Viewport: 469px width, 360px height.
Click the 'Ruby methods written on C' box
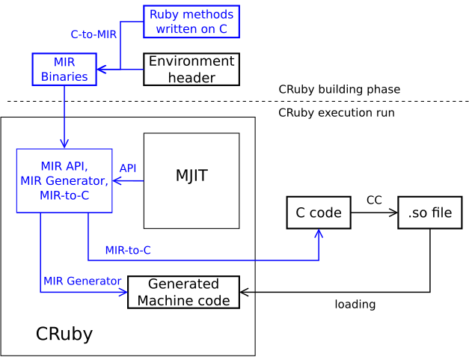click(x=191, y=22)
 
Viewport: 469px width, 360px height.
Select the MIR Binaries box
click(x=64, y=70)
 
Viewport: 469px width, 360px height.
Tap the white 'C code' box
click(x=319, y=213)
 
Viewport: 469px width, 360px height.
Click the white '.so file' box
click(x=429, y=213)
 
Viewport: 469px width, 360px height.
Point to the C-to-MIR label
click(x=94, y=34)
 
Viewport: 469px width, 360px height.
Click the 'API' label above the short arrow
click(x=128, y=168)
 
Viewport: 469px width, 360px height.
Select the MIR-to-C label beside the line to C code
click(x=128, y=250)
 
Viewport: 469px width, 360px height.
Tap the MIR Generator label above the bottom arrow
click(x=82, y=281)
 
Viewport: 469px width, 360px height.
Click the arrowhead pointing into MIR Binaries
click(x=100, y=69)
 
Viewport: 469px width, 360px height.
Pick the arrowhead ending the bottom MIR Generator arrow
click(x=123, y=292)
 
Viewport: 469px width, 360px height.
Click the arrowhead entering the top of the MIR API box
click(x=64, y=144)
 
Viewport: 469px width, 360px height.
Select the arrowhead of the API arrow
click(x=117, y=180)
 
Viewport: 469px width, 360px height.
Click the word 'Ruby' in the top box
click(x=164, y=15)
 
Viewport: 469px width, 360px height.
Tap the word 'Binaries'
click(x=64, y=76)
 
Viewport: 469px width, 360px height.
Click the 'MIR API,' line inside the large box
click(x=64, y=166)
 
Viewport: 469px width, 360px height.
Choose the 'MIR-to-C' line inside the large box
click(x=64, y=195)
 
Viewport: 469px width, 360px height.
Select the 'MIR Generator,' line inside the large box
click(x=64, y=181)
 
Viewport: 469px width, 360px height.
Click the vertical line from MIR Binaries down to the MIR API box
click(x=64, y=112)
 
